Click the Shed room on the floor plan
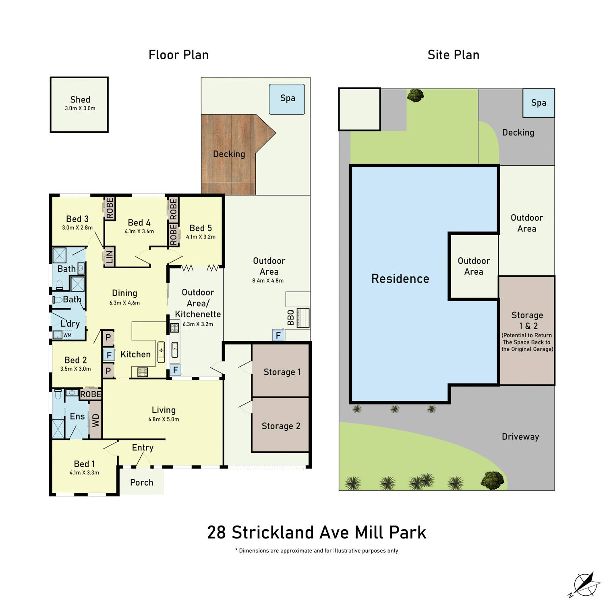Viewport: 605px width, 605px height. click(x=79, y=104)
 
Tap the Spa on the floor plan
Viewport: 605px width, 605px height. click(x=287, y=99)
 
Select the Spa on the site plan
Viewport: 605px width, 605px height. click(x=538, y=103)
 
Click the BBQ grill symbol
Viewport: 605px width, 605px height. click(x=303, y=318)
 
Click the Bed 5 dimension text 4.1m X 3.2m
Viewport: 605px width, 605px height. click(x=201, y=237)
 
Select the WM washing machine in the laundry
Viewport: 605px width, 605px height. click(x=67, y=335)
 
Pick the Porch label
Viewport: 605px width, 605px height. click(x=142, y=482)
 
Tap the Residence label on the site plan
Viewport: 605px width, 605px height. click(x=400, y=279)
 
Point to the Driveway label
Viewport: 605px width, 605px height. click(x=520, y=437)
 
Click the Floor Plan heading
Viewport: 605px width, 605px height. click(x=178, y=55)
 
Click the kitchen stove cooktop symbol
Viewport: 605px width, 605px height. click(x=143, y=372)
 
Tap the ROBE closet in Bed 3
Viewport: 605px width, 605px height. click(x=110, y=208)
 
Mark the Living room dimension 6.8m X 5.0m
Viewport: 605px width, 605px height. click(x=164, y=419)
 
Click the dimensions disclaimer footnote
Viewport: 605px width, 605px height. click(x=317, y=551)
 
